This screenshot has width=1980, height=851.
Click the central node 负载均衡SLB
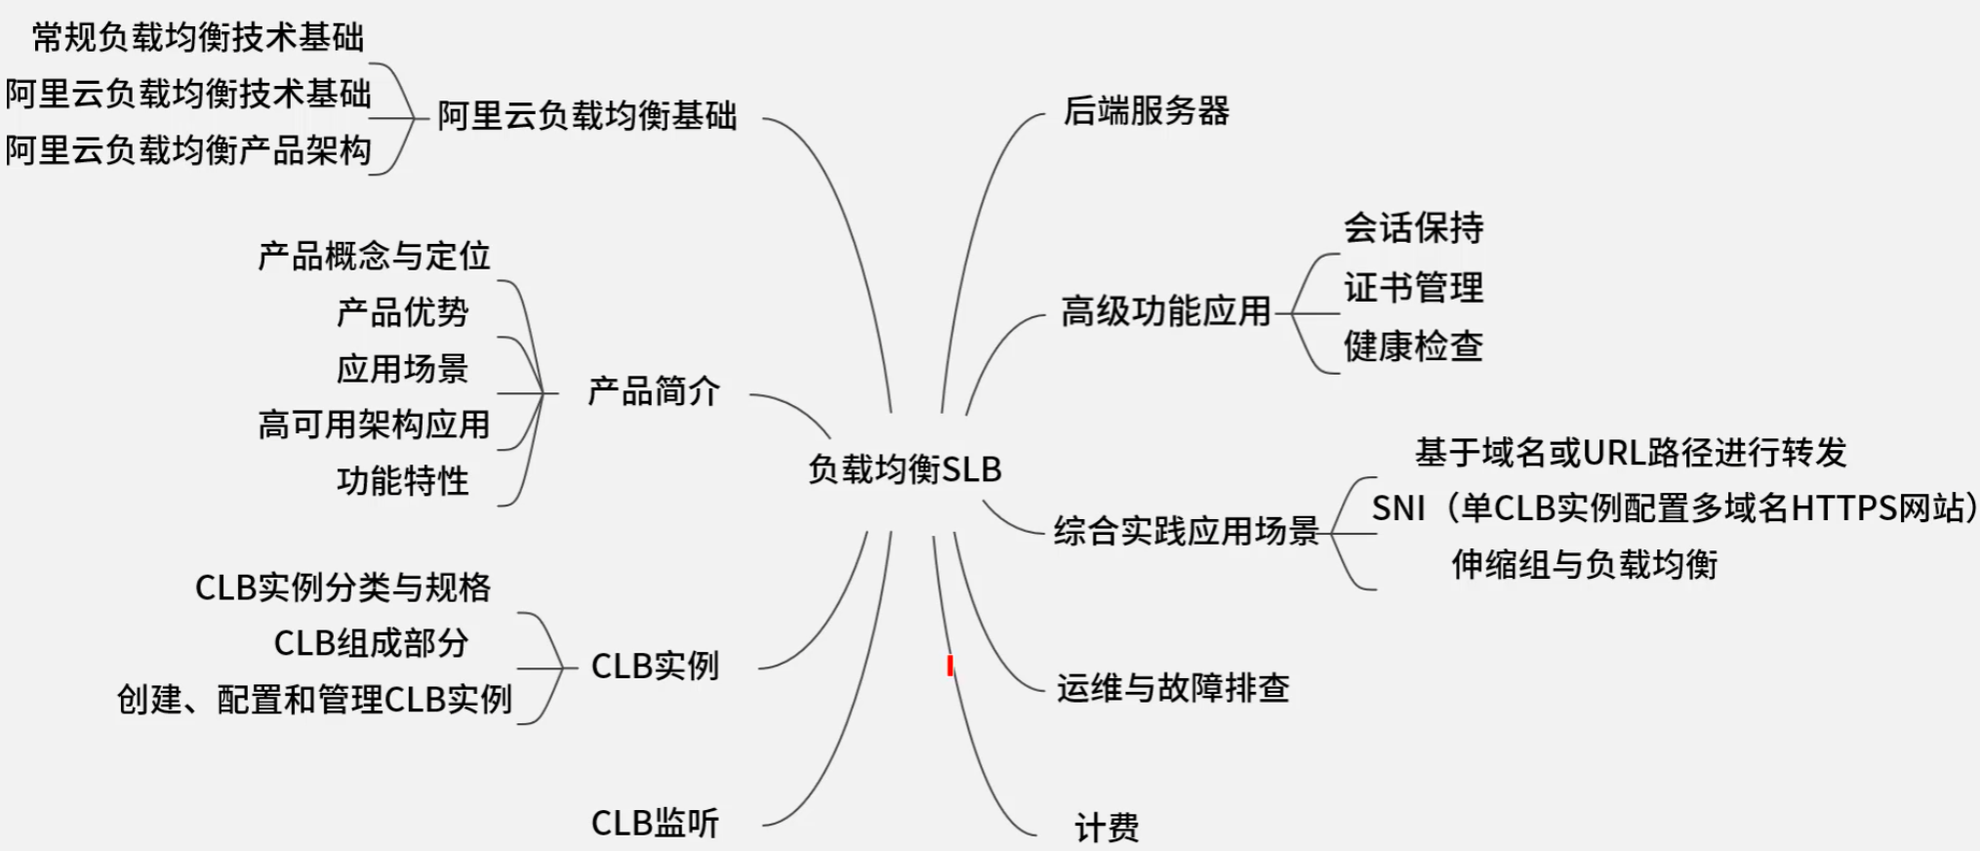pos(905,469)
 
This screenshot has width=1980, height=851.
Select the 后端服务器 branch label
pos(1146,111)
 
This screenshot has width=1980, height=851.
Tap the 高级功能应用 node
pos(1166,312)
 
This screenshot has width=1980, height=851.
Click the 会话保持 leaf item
pos(1413,228)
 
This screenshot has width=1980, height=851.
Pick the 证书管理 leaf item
pos(1413,288)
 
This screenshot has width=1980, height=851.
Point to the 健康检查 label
pos(1413,346)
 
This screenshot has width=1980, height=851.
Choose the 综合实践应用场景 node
pos(1186,531)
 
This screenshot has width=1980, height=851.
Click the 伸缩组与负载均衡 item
pos(1584,564)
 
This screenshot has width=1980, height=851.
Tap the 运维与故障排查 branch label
pos(1172,689)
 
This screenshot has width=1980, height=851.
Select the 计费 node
pos(1106,829)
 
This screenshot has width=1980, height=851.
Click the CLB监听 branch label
pos(655,824)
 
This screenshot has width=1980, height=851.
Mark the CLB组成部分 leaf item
pos(371,643)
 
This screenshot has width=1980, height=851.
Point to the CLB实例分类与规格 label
pos(343,588)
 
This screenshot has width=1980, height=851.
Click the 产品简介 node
pos(654,392)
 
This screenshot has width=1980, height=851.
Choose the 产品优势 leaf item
pos(402,312)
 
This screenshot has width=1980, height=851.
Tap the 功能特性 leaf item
pos(402,481)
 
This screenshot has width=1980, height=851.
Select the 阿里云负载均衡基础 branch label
pos(586,116)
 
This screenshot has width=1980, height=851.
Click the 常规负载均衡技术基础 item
pos(198,38)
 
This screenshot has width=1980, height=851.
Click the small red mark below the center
pos(950,666)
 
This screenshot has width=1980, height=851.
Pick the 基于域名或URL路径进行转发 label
pos(1631,453)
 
